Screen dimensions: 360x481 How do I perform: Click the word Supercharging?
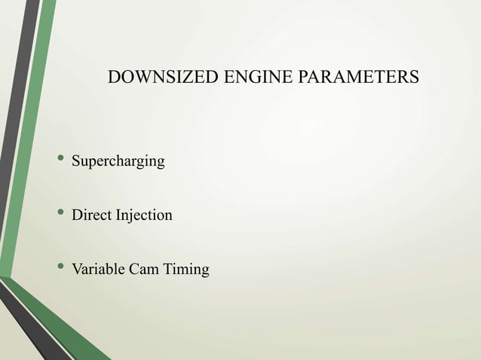click(118, 161)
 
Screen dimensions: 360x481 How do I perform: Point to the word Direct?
click(90, 215)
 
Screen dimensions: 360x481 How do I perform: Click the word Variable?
click(98, 270)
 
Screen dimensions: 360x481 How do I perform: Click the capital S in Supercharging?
click(75, 161)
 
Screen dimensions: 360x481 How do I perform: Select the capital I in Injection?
click(117, 215)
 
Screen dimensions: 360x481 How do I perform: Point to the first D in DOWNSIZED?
click(115, 78)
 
